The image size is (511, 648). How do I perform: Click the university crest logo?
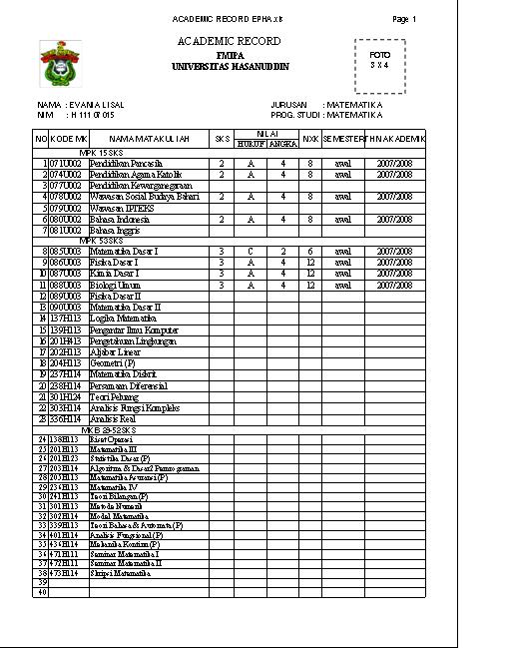click(61, 64)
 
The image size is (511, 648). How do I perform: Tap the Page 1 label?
click(404, 20)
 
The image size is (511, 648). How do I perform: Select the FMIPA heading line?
click(230, 55)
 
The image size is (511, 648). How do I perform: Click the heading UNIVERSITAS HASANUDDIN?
click(230, 66)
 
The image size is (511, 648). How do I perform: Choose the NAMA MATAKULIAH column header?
click(149, 139)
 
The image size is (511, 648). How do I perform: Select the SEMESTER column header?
click(343, 139)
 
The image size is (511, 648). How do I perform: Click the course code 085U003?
click(69, 251)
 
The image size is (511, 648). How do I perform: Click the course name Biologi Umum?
click(115, 285)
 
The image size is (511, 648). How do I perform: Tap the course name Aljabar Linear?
click(114, 351)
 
